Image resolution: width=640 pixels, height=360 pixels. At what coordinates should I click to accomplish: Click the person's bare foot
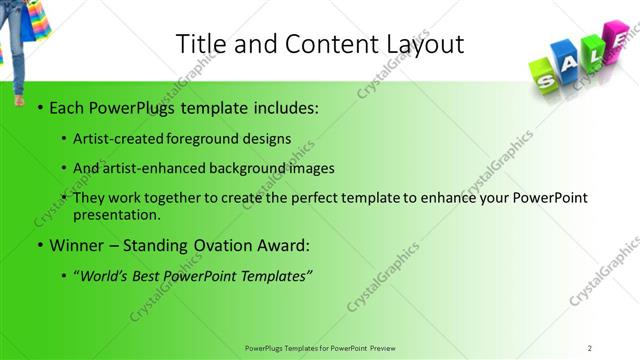[x=19, y=101]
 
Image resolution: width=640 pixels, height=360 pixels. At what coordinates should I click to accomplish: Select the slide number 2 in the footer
[x=590, y=347]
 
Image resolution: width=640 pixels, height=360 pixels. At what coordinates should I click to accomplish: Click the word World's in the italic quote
[x=109, y=274]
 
